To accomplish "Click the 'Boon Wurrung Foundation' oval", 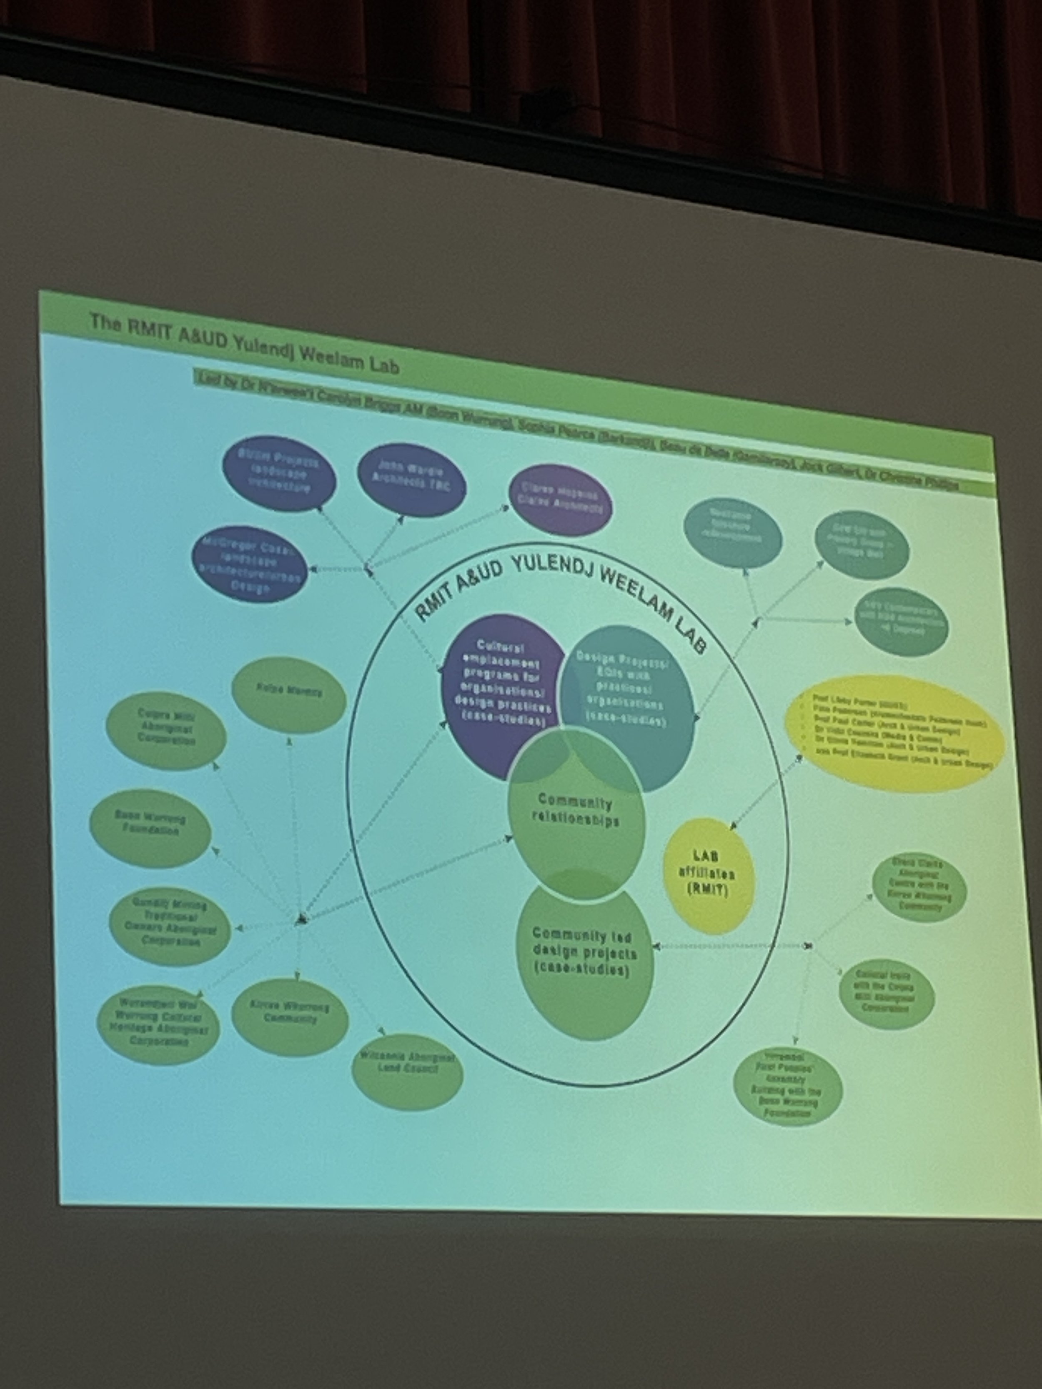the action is click(x=150, y=828).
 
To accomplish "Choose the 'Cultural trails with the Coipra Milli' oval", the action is click(x=886, y=994).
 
